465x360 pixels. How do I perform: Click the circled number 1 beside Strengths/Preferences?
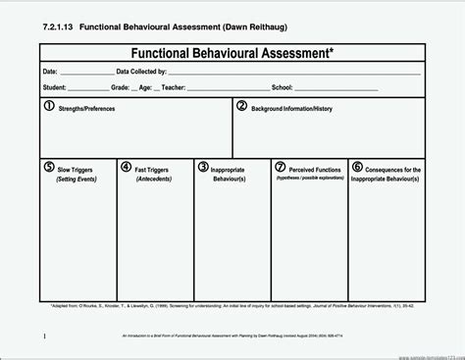(49, 106)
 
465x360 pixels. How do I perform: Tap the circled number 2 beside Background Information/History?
(241, 106)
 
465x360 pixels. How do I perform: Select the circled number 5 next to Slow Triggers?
(49, 167)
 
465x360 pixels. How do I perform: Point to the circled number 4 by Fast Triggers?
(127, 167)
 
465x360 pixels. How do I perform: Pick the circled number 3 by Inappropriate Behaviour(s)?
(203, 167)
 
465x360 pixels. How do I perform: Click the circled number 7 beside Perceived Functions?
(281, 167)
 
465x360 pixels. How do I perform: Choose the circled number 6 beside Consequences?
(357, 167)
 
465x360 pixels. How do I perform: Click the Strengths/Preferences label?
(87, 109)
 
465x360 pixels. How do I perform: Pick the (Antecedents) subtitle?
(155, 180)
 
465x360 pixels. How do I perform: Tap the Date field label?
(50, 73)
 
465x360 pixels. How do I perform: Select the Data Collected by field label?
(140, 73)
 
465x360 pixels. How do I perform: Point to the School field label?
(283, 85)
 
